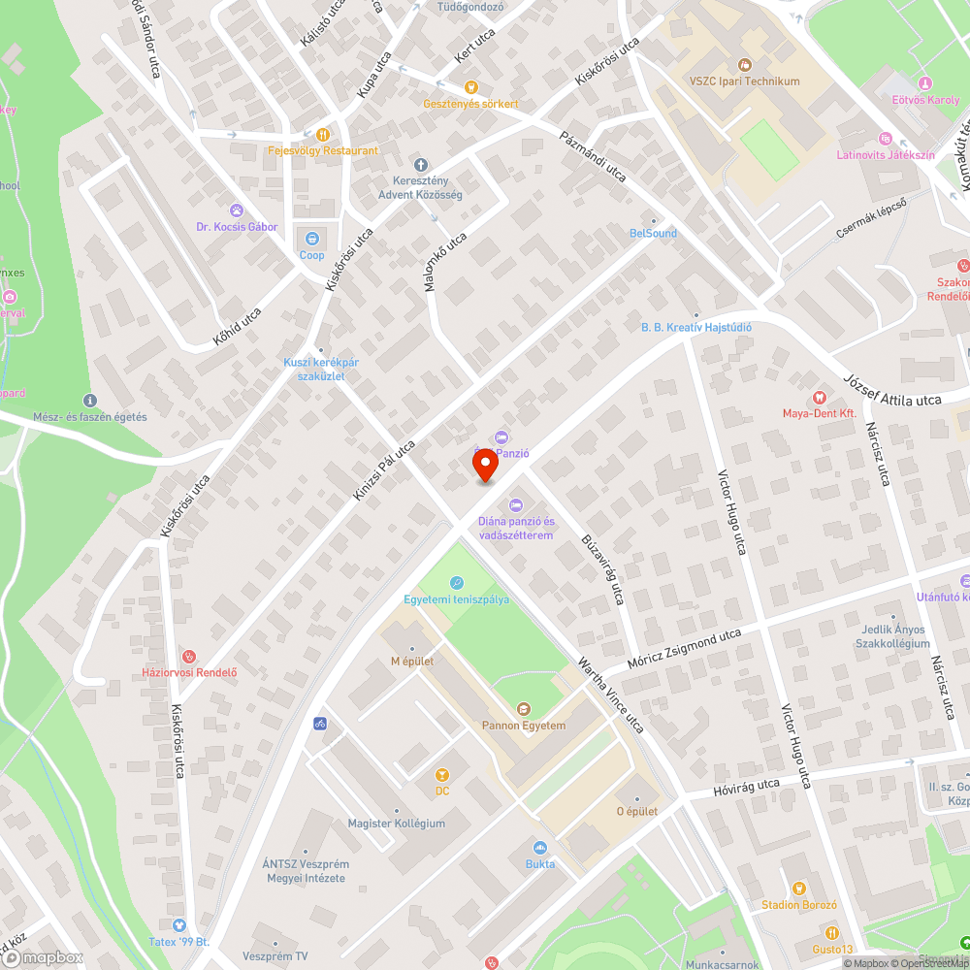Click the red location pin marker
pyautogui.click(x=485, y=465)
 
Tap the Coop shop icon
pyautogui.click(x=312, y=238)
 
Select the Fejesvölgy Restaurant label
pyautogui.click(x=323, y=150)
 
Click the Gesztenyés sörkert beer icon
pyautogui.click(x=470, y=87)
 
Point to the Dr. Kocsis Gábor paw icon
pyautogui.click(x=237, y=210)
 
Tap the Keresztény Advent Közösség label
pyautogui.click(x=420, y=187)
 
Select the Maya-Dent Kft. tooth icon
pyautogui.click(x=818, y=397)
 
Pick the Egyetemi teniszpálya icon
pyautogui.click(x=456, y=582)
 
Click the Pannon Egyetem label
pyautogui.click(x=524, y=725)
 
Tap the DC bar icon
pyautogui.click(x=442, y=774)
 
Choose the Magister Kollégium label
pyautogui.click(x=396, y=824)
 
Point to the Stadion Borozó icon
pyautogui.click(x=798, y=888)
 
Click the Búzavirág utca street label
pyautogui.click(x=600, y=566)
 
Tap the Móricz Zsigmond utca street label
pyautogui.click(x=684, y=649)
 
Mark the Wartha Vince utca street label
pyautogui.click(x=611, y=695)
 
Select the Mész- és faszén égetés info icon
pyautogui.click(x=90, y=400)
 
